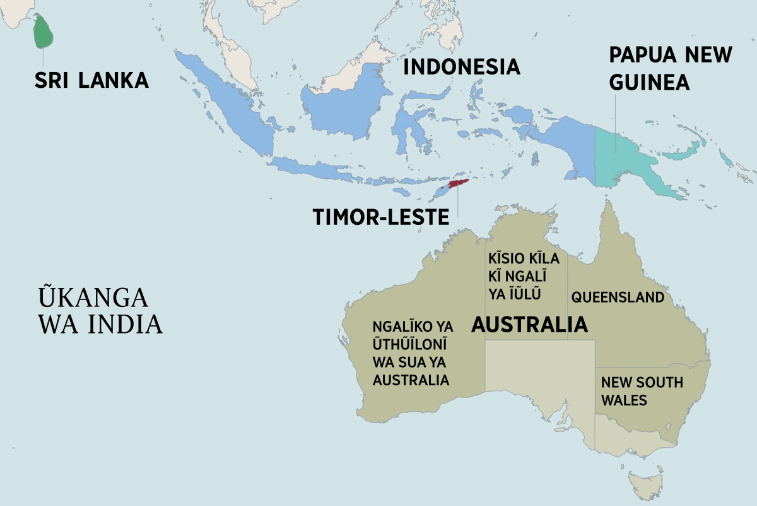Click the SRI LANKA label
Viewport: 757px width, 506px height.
coord(91,80)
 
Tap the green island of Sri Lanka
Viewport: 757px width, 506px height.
coord(42,32)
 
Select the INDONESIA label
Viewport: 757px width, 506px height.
coord(461,66)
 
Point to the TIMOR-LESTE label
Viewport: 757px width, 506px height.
coord(381,217)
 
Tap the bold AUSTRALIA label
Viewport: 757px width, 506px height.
coord(529,325)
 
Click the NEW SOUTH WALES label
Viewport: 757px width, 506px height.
coord(641,391)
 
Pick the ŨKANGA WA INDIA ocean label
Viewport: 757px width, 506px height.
coord(100,310)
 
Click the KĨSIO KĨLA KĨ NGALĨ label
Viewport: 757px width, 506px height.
coord(517,277)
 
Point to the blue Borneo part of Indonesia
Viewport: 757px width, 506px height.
coord(344,107)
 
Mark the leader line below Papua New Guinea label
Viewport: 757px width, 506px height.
coord(615,123)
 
